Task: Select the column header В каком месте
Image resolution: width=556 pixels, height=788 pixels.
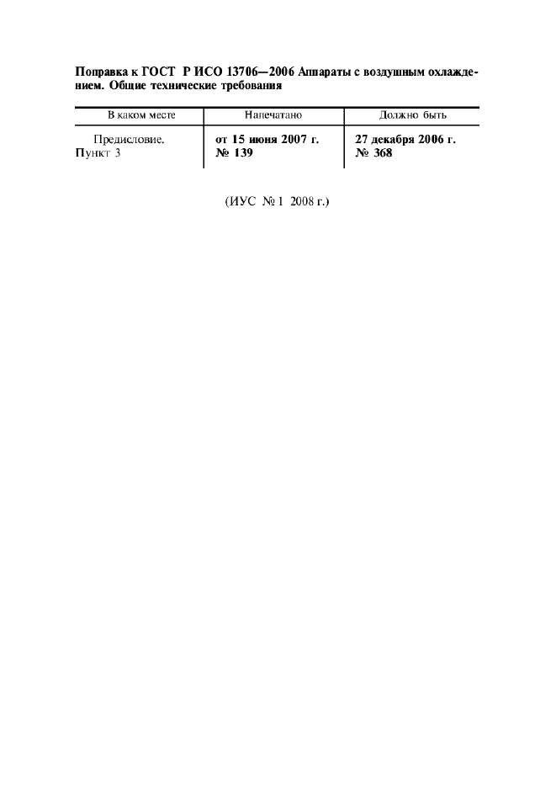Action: click(x=141, y=115)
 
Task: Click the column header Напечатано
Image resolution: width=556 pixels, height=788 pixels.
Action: click(x=273, y=115)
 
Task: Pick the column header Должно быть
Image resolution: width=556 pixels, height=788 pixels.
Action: click(x=412, y=115)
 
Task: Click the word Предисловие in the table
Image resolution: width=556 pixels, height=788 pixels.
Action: click(x=129, y=140)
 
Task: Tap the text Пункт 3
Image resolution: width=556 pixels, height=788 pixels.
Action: click(x=98, y=153)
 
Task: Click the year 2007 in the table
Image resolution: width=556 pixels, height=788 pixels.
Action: click(x=294, y=139)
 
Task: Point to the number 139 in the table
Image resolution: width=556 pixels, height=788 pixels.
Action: click(x=243, y=152)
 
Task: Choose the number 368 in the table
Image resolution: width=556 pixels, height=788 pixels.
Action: click(x=383, y=152)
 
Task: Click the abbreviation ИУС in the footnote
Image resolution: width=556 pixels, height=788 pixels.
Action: click(x=242, y=202)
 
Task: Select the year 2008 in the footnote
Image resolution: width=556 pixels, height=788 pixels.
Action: click(x=302, y=202)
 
